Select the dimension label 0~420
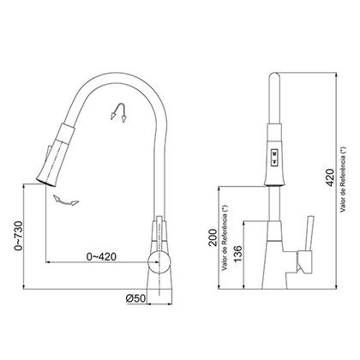click(103, 255)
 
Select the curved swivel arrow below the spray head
click(63, 199)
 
